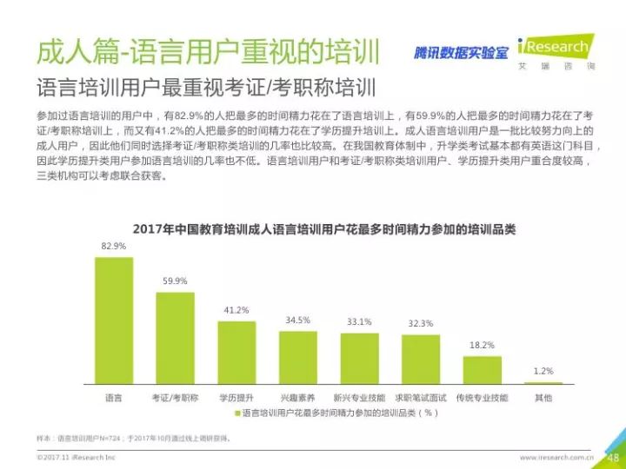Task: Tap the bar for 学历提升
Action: coord(236,353)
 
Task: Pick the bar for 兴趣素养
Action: coord(298,357)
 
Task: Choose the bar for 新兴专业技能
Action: coord(359,359)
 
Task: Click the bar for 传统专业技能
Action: coord(482,370)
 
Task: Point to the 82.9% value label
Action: coord(114,247)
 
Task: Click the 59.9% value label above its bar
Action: coord(175,281)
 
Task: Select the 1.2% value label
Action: coord(543,372)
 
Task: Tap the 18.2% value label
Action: coord(482,345)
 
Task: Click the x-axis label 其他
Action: coord(543,397)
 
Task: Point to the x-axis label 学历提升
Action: coord(236,397)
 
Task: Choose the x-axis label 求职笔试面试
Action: coord(421,397)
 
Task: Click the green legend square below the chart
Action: coord(234,414)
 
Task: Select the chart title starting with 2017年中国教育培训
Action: coord(324,228)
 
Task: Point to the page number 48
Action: coord(612,458)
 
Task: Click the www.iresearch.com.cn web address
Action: coord(556,457)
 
